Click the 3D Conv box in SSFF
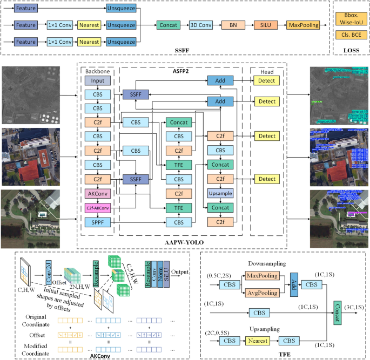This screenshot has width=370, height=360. (x=201, y=25)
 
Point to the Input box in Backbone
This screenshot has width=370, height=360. (x=97, y=80)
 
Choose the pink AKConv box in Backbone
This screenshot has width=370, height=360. (x=97, y=193)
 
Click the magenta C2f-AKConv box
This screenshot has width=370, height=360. (x=97, y=207)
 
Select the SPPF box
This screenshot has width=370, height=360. (x=97, y=222)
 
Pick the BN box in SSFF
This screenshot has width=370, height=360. (x=233, y=25)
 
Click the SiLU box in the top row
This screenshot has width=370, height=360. (x=264, y=25)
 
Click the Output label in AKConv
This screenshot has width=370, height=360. (x=180, y=271)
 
